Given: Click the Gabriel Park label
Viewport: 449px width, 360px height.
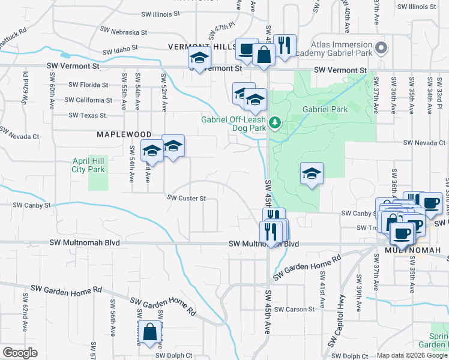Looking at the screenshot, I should (x=325, y=110).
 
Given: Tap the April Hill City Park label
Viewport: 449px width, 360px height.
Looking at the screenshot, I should (x=88, y=166).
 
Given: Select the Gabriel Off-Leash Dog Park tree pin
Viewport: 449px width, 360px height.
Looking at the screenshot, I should (x=275, y=122).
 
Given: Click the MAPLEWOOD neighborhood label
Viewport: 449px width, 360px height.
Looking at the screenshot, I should (x=121, y=135).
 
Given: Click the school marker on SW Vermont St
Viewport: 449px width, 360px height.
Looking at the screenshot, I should (x=199, y=59).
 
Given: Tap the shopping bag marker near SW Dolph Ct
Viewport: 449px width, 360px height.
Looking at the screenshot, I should (x=149, y=332).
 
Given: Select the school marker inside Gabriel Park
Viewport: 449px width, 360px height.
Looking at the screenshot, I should (x=312, y=174).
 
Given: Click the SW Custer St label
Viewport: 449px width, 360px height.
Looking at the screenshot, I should (x=186, y=198).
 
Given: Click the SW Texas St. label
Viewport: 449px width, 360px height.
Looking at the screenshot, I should (x=88, y=115).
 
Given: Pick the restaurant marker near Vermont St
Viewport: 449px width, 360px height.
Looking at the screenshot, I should (x=284, y=46).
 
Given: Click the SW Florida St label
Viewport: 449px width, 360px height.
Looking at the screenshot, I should (x=88, y=85).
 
